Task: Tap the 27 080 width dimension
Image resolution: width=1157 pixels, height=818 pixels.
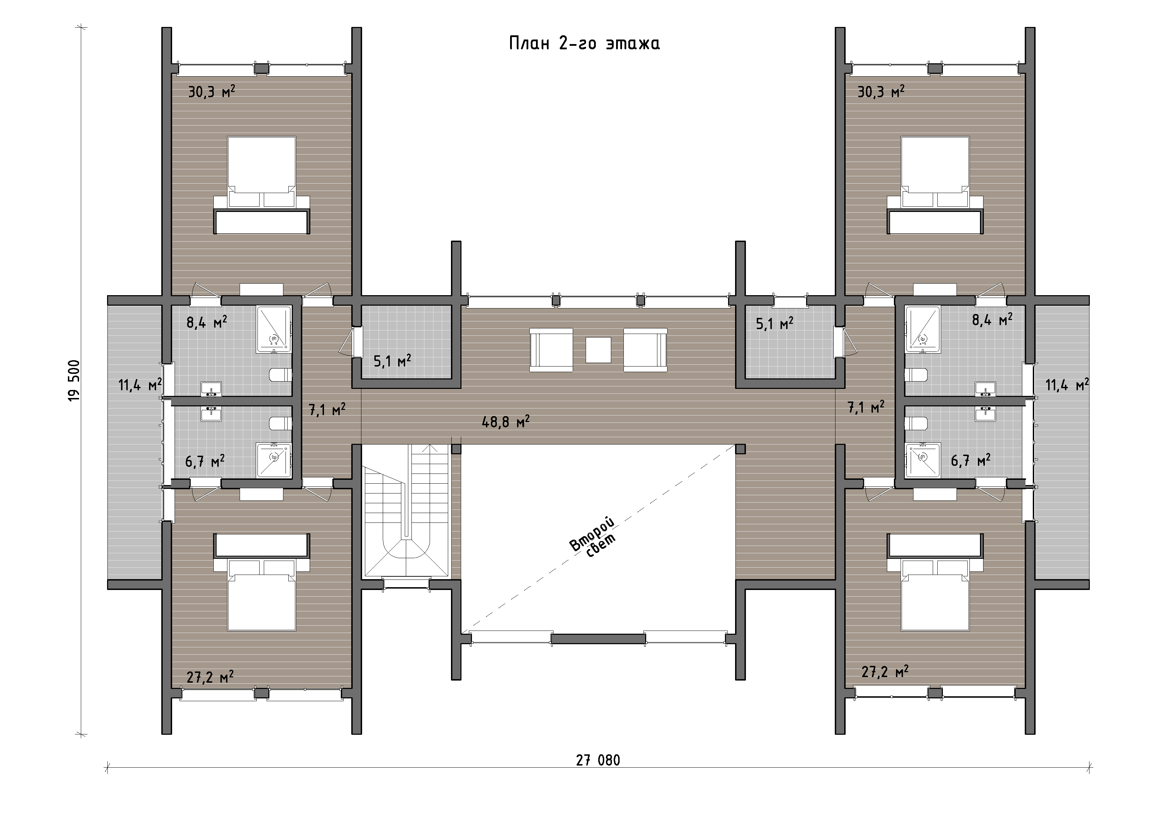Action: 598,760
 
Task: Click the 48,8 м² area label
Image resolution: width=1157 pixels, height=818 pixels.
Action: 506,421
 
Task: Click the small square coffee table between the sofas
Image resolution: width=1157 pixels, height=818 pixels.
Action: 598,350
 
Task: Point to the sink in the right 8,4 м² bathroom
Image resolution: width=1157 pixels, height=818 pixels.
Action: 985,389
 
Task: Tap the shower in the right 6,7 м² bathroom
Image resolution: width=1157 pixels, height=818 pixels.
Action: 923,460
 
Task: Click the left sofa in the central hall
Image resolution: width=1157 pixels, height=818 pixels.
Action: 551,350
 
